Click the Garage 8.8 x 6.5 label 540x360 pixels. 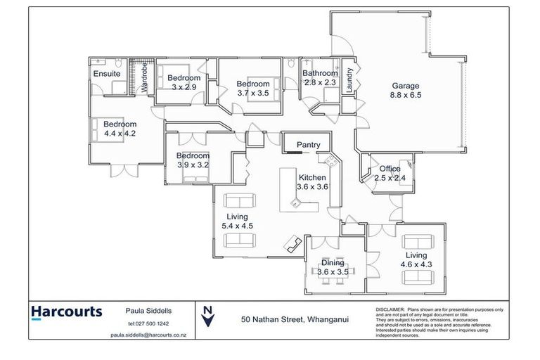click(406, 91)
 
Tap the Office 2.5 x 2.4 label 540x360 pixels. click(390, 173)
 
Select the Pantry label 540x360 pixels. click(308, 145)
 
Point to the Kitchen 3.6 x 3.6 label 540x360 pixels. click(313, 182)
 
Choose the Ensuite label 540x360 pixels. click(107, 74)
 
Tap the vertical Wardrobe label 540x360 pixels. click(145, 78)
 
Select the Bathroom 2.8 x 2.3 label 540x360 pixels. click(320, 77)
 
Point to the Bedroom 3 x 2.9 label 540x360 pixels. click(183, 82)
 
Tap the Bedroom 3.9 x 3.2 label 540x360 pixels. click(193, 160)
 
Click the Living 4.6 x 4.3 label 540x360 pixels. click(416, 259)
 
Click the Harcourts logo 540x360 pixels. click(67, 311)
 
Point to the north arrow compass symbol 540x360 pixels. click(207, 316)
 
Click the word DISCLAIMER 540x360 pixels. click(391, 309)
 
